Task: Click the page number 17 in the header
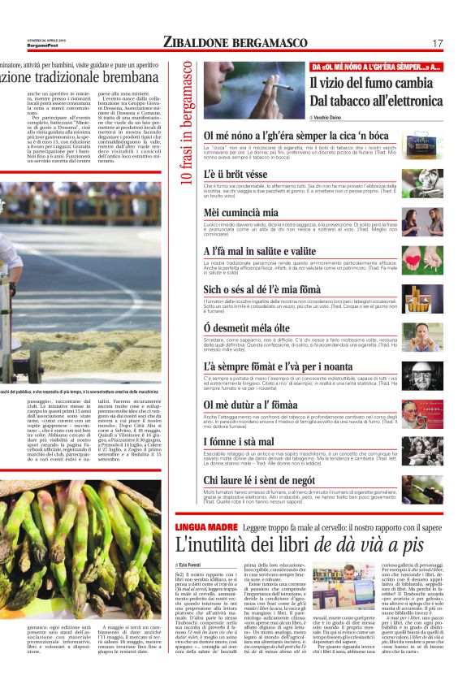pos(437,43)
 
